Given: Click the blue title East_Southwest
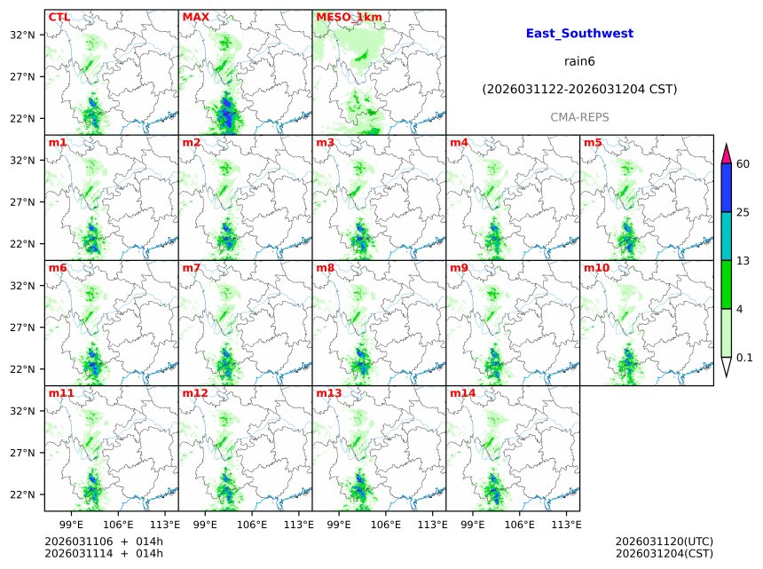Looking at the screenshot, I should pyautogui.click(x=579, y=34).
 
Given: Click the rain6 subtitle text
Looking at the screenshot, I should pyautogui.click(x=579, y=61).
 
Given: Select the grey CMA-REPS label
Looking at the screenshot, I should pyautogui.click(x=579, y=117).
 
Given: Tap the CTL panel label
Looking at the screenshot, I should pyautogui.click(x=59, y=17).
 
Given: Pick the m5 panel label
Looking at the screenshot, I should pyautogui.click(x=593, y=143).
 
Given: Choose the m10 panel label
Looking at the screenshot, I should pyautogui.click(x=596, y=268).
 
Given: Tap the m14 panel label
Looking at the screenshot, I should pyautogui.click(x=462, y=393).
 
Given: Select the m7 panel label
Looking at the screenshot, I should pyautogui.click(x=192, y=268).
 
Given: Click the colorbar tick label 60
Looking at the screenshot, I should pyautogui.click(x=743, y=164).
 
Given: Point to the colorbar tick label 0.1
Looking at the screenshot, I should pyautogui.click(x=745, y=358).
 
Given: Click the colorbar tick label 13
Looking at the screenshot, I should pyautogui.click(x=743, y=260).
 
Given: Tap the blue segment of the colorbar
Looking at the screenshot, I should pyautogui.click(x=726, y=187).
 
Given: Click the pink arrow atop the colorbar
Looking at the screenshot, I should pyautogui.click(x=726, y=153).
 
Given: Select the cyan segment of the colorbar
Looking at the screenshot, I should pyautogui.click(x=726, y=235).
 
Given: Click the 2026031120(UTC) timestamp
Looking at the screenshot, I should pyautogui.click(x=664, y=541).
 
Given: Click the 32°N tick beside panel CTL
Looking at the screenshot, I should pyautogui.click(x=22, y=36).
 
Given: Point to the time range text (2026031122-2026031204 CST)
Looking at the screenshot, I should pyautogui.click(x=579, y=90).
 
